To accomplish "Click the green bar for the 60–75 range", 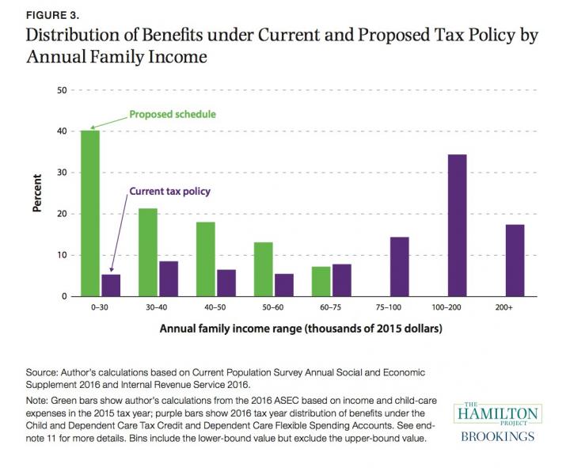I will [321, 281].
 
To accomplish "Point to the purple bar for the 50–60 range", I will [283, 285].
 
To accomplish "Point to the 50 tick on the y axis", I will [62, 90].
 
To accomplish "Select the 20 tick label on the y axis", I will [62, 214].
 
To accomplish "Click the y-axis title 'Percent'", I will [36, 193].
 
